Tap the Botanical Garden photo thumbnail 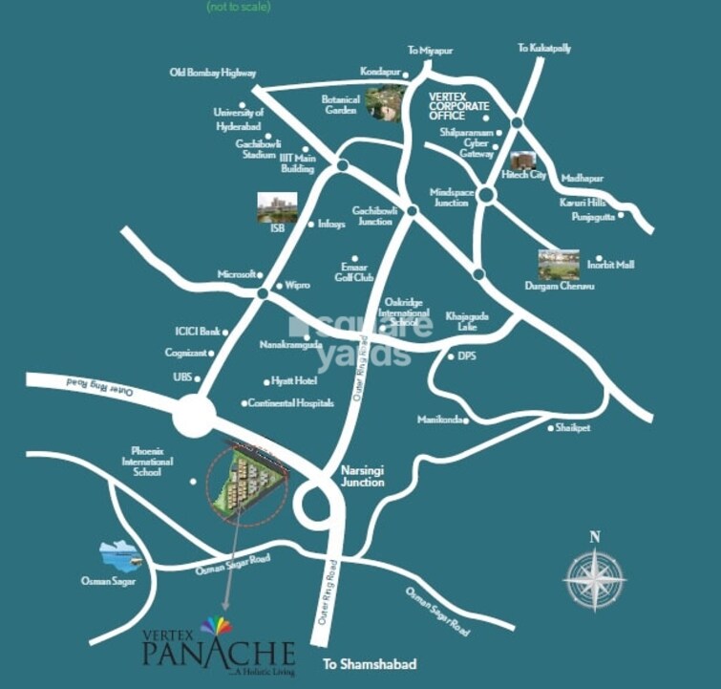(384, 102)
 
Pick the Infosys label (330, 225)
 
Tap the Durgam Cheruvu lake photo (558, 264)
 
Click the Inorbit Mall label (616, 265)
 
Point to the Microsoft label (239, 274)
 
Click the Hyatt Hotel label (294, 380)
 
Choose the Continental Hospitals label (290, 403)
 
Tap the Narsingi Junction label (363, 476)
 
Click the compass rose (594, 578)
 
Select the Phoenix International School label (153, 462)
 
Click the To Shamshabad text (358, 663)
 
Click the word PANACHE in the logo (220, 655)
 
